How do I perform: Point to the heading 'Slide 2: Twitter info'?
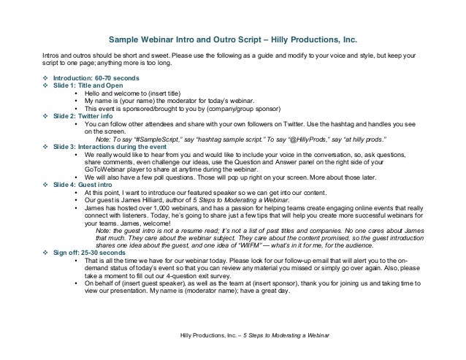84,116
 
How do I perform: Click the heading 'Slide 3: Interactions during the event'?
109,147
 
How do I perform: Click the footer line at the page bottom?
253,335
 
